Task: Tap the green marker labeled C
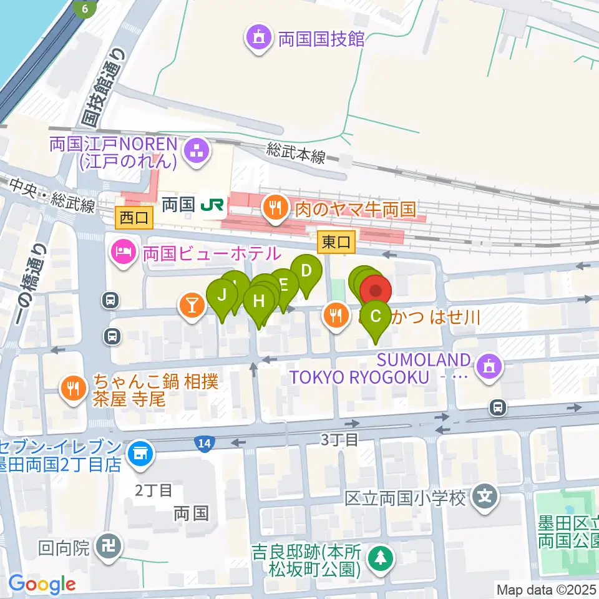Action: [x=376, y=316]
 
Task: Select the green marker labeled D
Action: [x=306, y=271]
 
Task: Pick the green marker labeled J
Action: [x=221, y=294]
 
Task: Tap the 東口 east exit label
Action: [x=336, y=241]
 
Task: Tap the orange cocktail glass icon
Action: [x=191, y=304]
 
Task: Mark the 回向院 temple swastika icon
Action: [x=107, y=548]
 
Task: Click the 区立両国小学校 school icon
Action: [x=485, y=498]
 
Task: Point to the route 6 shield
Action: [x=85, y=9]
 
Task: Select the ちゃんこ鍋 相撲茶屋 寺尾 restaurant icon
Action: [x=74, y=390]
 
